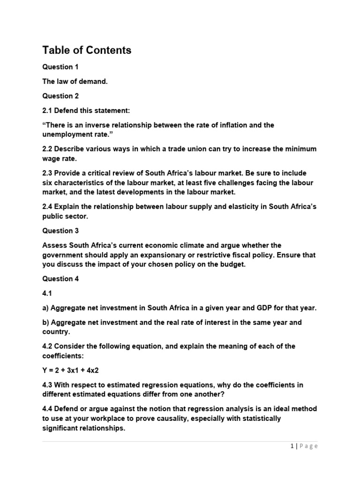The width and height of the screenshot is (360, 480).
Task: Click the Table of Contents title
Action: pos(87,50)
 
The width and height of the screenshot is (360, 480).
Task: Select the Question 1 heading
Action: pos(60,67)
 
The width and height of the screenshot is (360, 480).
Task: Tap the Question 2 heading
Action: pos(60,96)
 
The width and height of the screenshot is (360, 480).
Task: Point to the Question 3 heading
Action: pos(60,231)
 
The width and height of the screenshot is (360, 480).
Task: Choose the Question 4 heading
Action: pos(60,279)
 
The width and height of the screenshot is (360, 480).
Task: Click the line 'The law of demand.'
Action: pos(75,82)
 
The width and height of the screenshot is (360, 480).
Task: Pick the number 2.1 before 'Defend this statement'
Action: pos(47,111)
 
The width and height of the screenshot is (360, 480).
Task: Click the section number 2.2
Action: pos(47,149)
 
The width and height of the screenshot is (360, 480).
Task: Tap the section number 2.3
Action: pos(47,173)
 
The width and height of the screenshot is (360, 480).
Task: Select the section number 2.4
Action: pos(47,207)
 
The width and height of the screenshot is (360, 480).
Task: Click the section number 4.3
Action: pos(47,385)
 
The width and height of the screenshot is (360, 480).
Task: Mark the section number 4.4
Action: pos(47,409)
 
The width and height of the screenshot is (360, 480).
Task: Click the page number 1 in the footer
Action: pos(292,446)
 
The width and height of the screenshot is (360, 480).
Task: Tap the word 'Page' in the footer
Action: pos(308,446)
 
